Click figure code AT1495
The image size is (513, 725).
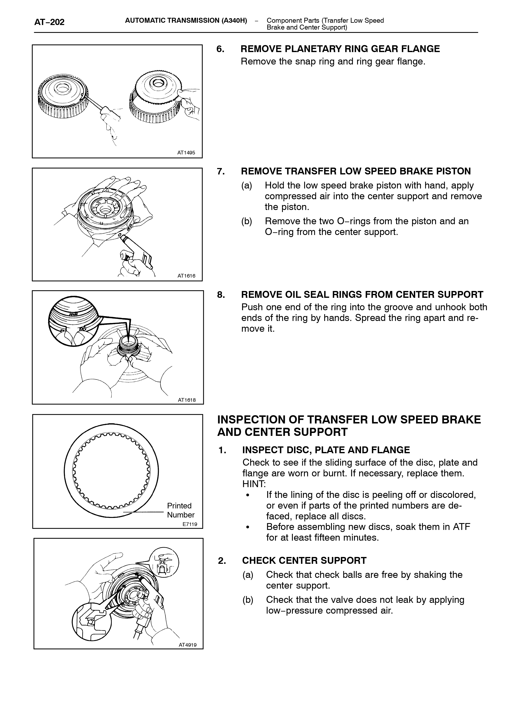[186, 153]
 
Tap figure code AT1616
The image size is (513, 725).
[186, 276]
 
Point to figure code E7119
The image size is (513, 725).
[190, 524]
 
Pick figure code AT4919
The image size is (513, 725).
[188, 645]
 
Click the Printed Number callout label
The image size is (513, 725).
[181, 510]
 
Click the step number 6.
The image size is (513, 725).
[220, 49]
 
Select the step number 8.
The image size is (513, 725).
[221, 295]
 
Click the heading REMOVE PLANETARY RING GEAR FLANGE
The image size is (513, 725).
[340, 49]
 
